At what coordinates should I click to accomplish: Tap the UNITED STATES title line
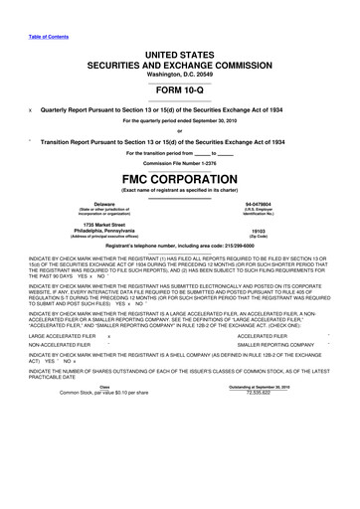(180, 34)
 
